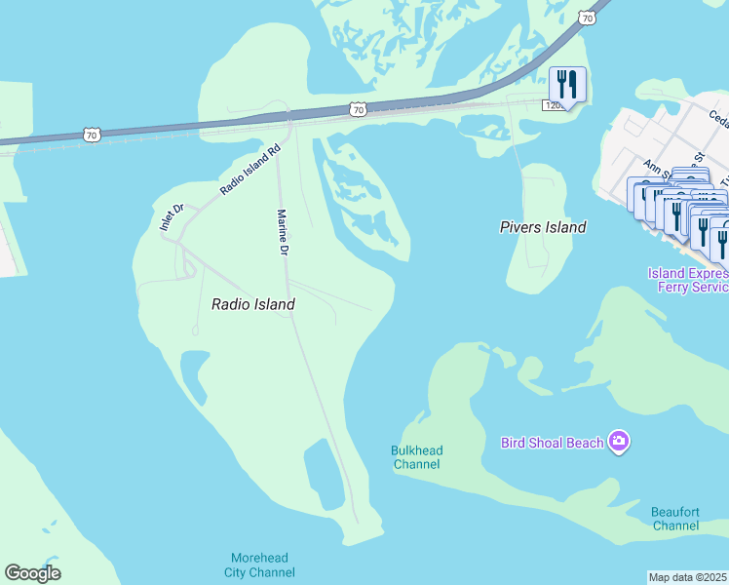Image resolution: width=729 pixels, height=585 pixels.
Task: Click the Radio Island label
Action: pyautogui.click(x=253, y=304)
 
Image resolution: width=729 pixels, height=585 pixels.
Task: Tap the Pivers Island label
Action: pyautogui.click(x=543, y=227)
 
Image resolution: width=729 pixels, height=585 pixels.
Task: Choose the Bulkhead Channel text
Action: pyautogui.click(x=416, y=457)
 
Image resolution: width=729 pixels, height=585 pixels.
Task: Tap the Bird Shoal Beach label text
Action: pyautogui.click(x=553, y=443)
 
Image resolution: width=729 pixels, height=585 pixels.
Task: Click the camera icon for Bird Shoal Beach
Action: pyautogui.click(x=618, y=443)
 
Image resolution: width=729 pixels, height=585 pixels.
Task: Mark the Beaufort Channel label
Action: pyautogui.click(x=675, y=519)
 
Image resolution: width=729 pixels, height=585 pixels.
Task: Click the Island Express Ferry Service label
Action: pyautogui.click(x=688, y=280)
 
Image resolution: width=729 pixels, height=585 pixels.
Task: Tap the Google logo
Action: pyautogui.click(x=32, y=573)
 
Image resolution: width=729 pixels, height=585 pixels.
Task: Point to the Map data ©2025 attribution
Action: pyautogui.click(x=688, y=576)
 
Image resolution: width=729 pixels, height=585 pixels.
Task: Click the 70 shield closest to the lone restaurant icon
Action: pyautogui.click(x=586, y=17)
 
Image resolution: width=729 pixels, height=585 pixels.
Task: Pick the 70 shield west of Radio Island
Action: pyautogui.click(x=91, y=135)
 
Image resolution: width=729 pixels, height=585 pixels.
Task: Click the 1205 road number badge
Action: pyautogui.click(x=554, y=104)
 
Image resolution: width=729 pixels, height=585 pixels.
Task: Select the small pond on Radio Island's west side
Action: pyautogui.click(x=194, y=373)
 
